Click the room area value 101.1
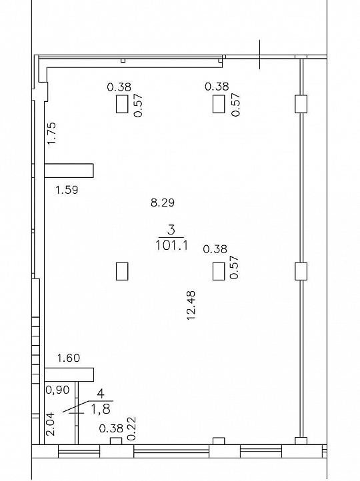[171, 245]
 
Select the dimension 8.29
[163, 203]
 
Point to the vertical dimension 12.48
[191, 304]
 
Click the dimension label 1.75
[51, 133]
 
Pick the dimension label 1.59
[67, 191]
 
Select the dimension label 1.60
[68, 358]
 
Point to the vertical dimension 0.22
[131, 428]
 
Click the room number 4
[101, 394]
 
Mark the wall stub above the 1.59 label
[69, 171]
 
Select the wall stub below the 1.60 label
[69, 374]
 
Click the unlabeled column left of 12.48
[121, 271]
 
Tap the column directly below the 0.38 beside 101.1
[218, 271]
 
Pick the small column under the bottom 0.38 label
[115, 441]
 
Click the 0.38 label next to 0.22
[110, 429]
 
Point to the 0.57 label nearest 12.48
[234, 267]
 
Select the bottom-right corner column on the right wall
[300, 441]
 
